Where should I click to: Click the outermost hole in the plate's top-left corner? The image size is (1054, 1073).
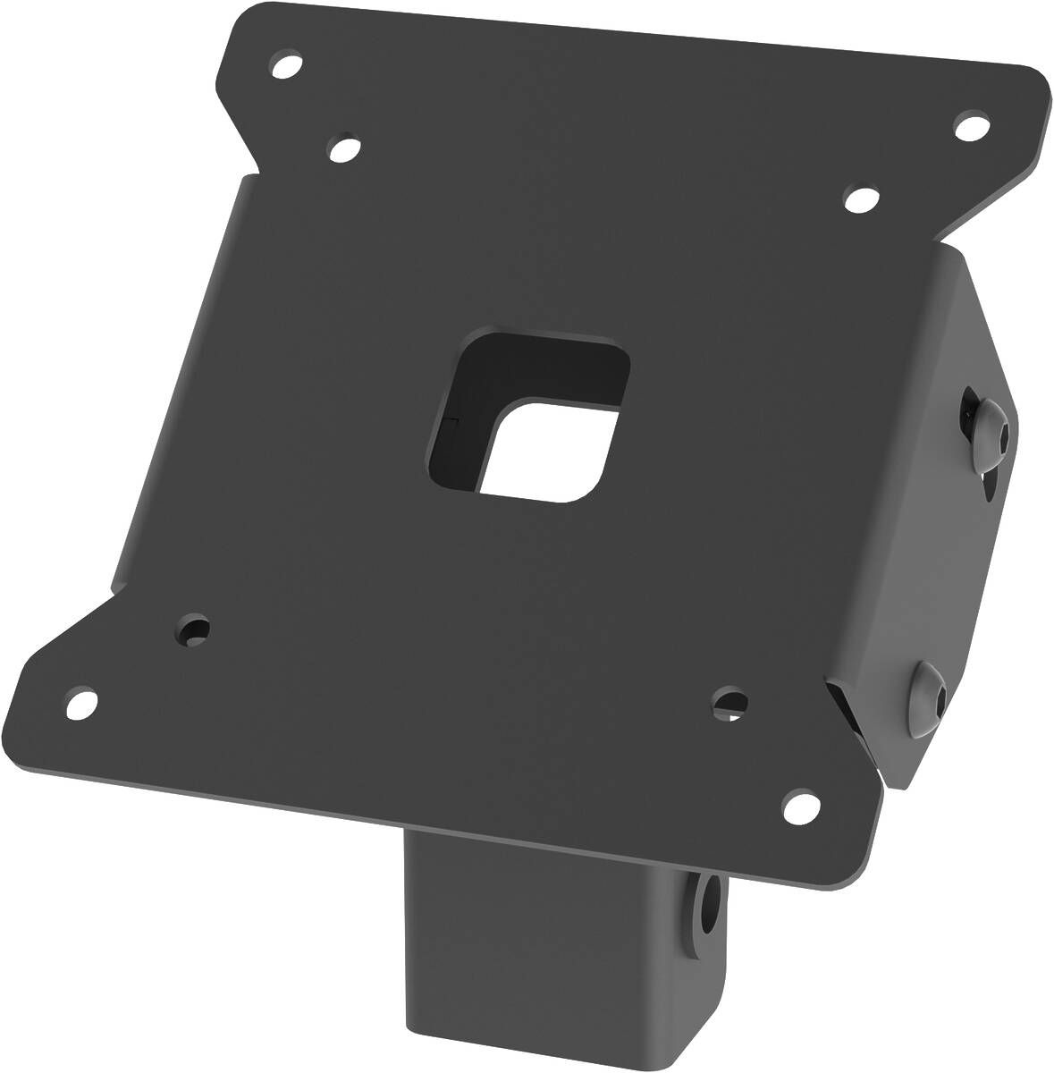tap(286, 66)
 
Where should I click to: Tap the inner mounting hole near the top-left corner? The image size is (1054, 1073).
tap(345, 148)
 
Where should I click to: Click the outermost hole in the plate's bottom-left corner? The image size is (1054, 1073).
tap(80, 703)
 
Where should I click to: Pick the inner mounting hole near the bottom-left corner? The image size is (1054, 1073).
tap(193, 630)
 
